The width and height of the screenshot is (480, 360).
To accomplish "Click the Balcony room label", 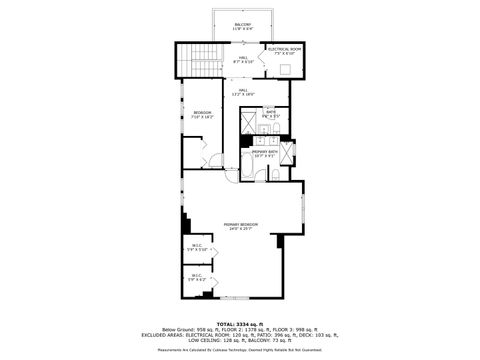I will click(243, 25).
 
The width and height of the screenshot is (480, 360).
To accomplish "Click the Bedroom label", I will click(202, 115).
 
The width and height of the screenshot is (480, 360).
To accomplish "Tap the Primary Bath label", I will click(264, 153).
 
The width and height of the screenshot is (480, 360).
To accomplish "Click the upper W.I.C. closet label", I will click(197, 248).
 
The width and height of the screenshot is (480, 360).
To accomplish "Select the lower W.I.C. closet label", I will click(197, 277).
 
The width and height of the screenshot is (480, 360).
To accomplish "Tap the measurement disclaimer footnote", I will click(240, 350).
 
